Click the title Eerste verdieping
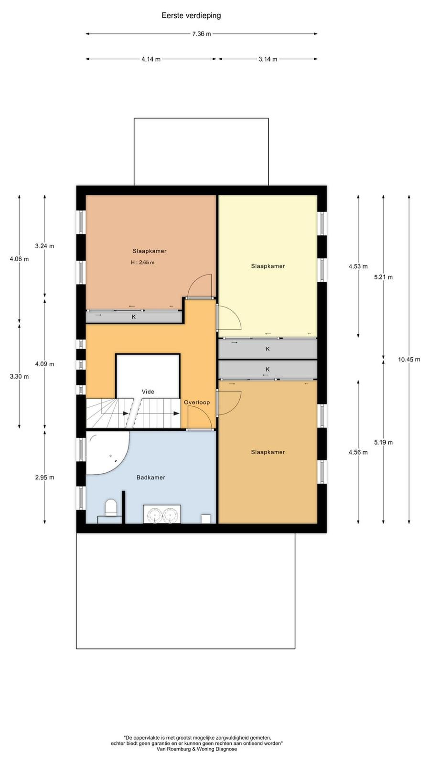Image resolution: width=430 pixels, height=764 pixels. tap(191, 15)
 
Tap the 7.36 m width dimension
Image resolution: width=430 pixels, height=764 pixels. tap(201, 34)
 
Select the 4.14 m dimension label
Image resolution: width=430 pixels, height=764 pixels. tap(151, 59)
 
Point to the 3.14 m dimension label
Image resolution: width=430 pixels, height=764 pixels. tap(268, 59)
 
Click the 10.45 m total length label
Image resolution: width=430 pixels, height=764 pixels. tap(409, 359)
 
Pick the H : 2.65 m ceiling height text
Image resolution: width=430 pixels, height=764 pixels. tap(143, 263)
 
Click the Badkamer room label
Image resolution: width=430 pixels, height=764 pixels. tap(151, 477)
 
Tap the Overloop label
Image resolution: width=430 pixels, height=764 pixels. tap(197, 403)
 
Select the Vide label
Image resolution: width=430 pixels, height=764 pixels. tap(148, 392)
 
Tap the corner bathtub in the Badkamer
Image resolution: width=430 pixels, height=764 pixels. tap(106, 452)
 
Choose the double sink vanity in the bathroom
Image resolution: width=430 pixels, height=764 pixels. tap(162, 514)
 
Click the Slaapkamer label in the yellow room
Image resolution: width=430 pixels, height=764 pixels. tap(268, 266)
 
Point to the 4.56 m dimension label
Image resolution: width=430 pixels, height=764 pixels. tap(358, 452)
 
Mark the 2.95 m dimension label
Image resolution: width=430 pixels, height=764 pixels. tap(45, 477)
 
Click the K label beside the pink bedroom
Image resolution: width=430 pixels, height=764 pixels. tap(134, 317)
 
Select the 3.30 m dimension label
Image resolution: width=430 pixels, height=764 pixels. tap(19, 377)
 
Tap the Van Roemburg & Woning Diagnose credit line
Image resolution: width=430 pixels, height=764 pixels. tap(196, 749)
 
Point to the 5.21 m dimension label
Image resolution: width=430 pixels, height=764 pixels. tap(383, 277)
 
